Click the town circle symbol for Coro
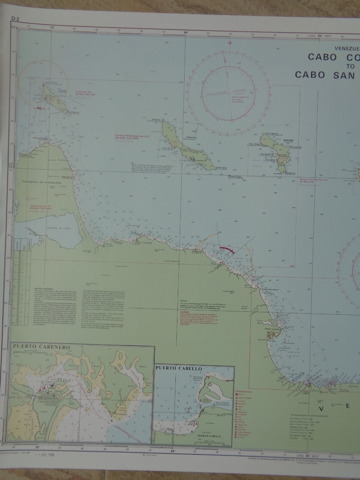coord(89,251)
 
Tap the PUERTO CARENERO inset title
coord(42,347)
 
